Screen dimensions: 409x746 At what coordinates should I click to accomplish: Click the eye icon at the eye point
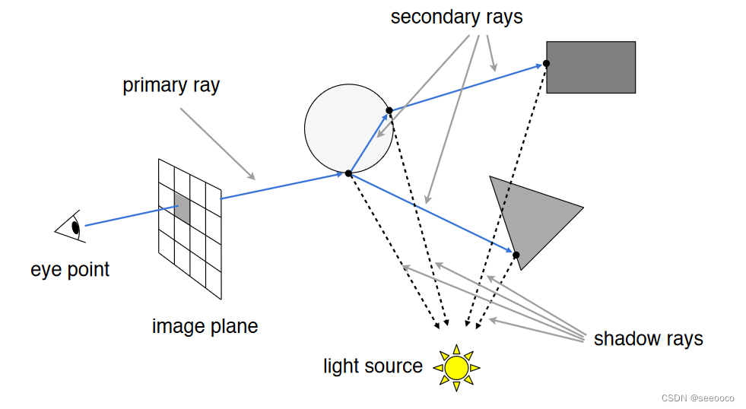[x=70, y=227]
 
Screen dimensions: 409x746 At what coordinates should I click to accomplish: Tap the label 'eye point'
[x=70, y=269]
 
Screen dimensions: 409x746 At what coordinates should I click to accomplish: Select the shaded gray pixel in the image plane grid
[x=182, y=208]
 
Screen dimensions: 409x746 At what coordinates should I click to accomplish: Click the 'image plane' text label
[x=205, y=327]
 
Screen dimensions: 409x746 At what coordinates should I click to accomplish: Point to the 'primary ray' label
[x=171, y=85]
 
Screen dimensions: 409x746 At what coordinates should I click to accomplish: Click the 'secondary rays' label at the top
[x=456, y=17]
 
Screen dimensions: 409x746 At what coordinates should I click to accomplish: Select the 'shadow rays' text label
[x=648, y=338]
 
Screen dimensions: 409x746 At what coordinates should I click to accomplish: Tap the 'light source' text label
[x=373, y=366]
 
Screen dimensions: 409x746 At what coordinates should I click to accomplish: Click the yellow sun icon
[x=456, y=367]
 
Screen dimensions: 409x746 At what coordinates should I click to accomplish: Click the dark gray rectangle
[x=591, y=67]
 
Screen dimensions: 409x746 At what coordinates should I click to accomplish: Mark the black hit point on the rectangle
[x=547, y=64]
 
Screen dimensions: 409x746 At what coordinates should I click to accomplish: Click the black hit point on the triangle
[x=516, y=255]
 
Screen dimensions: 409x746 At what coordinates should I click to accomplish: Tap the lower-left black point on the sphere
[x=348, y=173]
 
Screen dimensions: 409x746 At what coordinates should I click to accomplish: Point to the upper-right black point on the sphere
[x=389, y=110]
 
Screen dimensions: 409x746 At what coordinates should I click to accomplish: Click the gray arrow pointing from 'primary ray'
[x=217, y=144]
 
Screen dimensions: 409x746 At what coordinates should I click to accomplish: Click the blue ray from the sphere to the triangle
[x=430, y=214]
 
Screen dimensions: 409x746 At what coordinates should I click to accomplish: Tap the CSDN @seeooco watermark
[x=697, y=398]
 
